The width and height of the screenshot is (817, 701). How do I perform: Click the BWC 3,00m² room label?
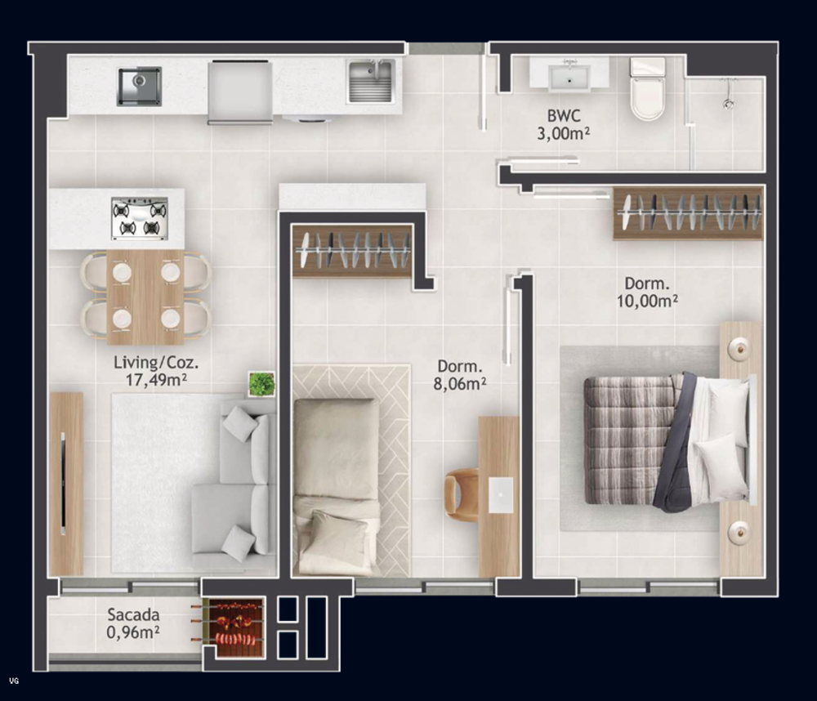click(x=564, y=124)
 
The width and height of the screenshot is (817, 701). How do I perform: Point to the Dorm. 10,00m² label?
click(x=649, y=292)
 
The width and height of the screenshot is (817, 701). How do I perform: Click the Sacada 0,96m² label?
click(x=133, y=623)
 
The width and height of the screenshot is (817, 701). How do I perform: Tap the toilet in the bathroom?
click(x=648, y=90)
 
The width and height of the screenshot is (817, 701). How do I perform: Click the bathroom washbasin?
click(x=569, y=77)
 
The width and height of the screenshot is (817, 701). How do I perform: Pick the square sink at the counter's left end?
click(x=139, y=86)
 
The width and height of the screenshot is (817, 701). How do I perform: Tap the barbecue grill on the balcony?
click(x=234, y=627)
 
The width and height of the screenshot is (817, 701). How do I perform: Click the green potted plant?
click(x=261, y=383)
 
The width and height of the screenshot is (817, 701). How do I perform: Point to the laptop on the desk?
click(x=500, y=495)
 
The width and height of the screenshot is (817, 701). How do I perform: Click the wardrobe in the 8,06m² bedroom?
click(x=352, y=250)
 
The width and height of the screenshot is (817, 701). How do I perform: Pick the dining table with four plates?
click(x=145, y=296)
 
